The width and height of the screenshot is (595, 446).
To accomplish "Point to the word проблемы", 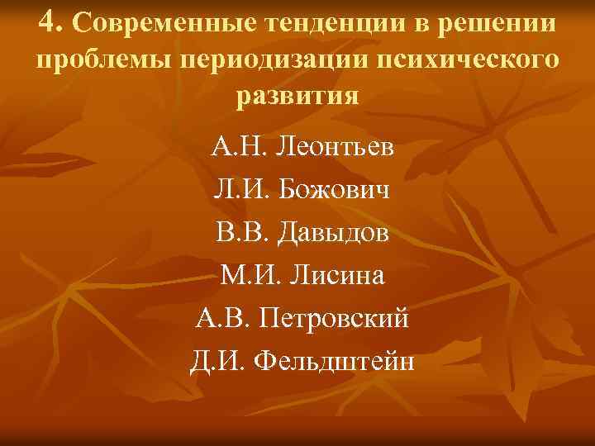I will [x=102, y=61].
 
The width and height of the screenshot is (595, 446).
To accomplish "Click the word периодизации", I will [x=266, y=61].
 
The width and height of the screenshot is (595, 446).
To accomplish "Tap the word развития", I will [x=297, y=97].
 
